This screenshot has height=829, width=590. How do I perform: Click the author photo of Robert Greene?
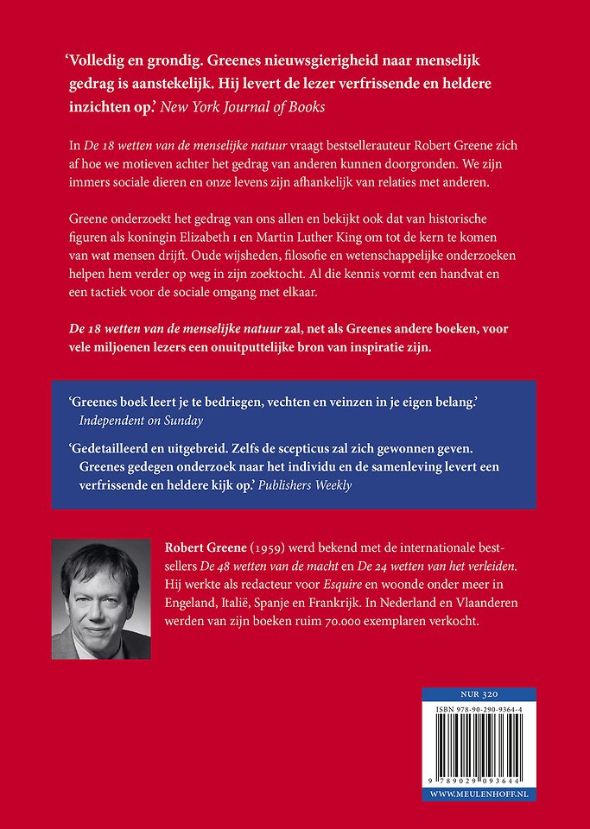click(101, 600)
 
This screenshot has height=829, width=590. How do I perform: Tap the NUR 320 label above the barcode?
click(479, 693)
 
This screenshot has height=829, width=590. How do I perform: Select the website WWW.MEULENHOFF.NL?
click(479, 792)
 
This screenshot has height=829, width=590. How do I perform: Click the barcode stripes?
click(479, 744)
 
